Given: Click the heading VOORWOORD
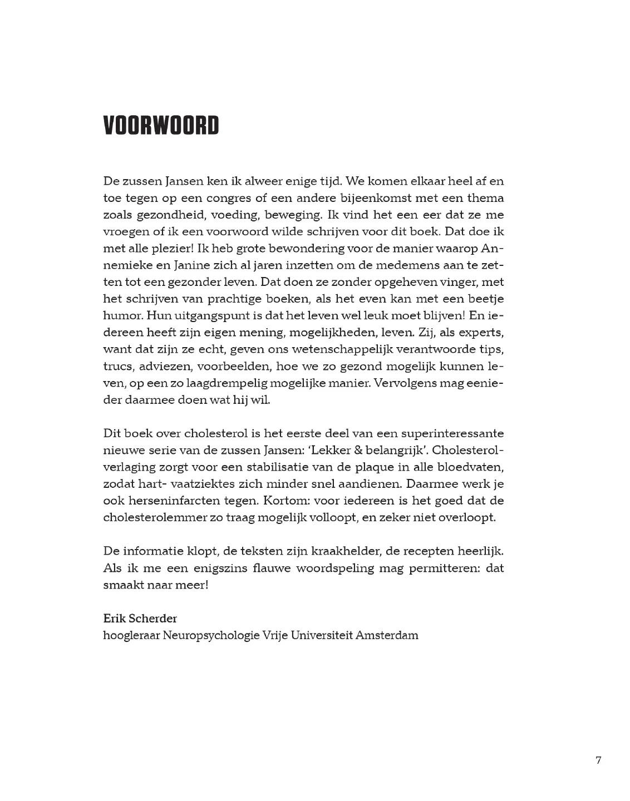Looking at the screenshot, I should (x=161, y=126).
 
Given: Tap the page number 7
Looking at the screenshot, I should (x=598, y=760).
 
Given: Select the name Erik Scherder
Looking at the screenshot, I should (x=140, y=619).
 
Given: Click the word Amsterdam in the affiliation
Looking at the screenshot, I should (x=387, y=635).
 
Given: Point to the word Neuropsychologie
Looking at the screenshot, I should (x=211, y=635).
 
